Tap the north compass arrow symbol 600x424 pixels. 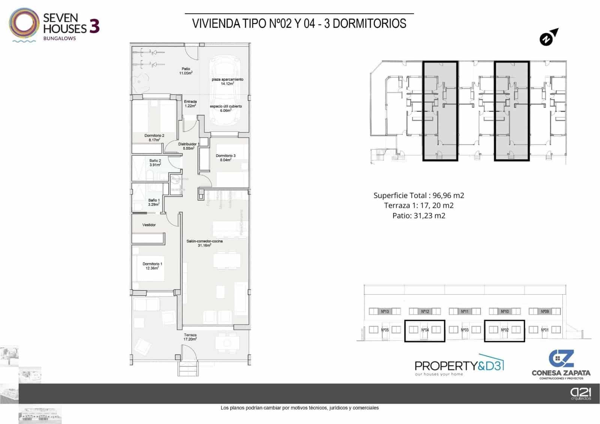pyautogui.click(x=549, y=38)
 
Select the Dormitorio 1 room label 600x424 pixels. pyautogui.click(x=152, y=266)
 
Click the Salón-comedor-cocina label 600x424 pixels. pyautogui.click(x=204, y=243)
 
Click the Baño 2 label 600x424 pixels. pyautogui.click(x=155, y=162)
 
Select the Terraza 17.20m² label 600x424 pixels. pyautogui.click(x=190, y=337)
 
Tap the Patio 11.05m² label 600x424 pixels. pyautogui.click(x=186, y=71)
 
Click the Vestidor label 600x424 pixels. pyautogui.click(x=149, y=225)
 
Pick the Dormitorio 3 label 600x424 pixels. pyautogui.click(x=225, y=158)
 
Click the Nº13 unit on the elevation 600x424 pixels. pyautogui.click(x=385, y=311)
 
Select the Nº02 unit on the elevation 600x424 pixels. pyautogui.click(x=504, y=330)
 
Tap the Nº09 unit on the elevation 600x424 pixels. pyautogui.click(x=545, y=311)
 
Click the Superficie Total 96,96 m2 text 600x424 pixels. pyautogui.click(x=418, y=195)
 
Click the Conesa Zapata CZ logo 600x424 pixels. pyautogui.click(x=561, y=364)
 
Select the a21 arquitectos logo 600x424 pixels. pyautogui.click(x=580, y=394)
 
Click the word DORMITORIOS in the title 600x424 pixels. pyautogui.click(x=369, y=24)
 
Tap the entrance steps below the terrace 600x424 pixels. pyautogui.click(x=188, y=370)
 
